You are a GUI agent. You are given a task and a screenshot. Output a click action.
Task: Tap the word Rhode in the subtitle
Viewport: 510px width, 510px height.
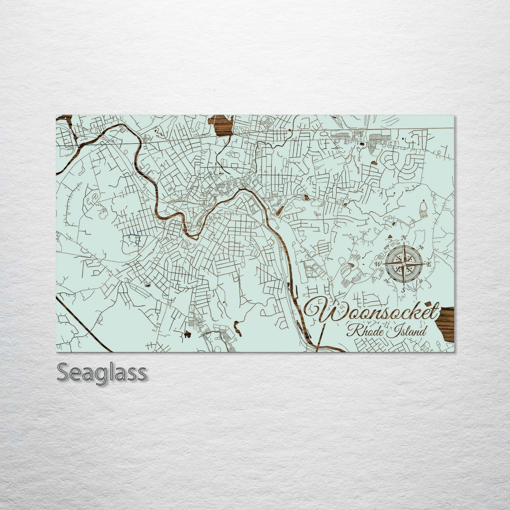(x=364, y=332)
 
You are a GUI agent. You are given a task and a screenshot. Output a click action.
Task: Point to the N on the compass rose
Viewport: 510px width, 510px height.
(x=405, y=237)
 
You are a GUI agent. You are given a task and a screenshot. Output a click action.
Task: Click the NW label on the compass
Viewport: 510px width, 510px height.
(x=387, y=246)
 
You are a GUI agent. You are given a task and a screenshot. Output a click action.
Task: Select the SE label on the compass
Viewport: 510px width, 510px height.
(x=421, y=281)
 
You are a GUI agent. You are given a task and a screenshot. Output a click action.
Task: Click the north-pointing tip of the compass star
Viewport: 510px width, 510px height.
(x=404, y=243)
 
